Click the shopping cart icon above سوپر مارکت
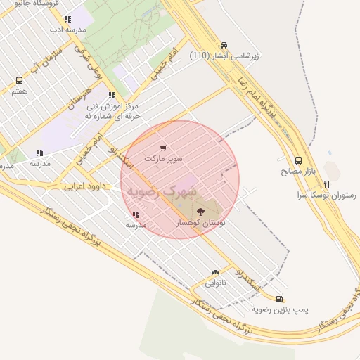163,148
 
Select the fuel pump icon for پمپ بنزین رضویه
280,299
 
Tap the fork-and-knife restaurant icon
326,184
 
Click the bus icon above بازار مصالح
299,160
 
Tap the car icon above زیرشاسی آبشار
224,45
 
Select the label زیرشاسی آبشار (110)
225,56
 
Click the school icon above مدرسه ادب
67,20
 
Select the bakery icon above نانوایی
215,272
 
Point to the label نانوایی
215,283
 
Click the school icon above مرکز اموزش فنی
112,95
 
